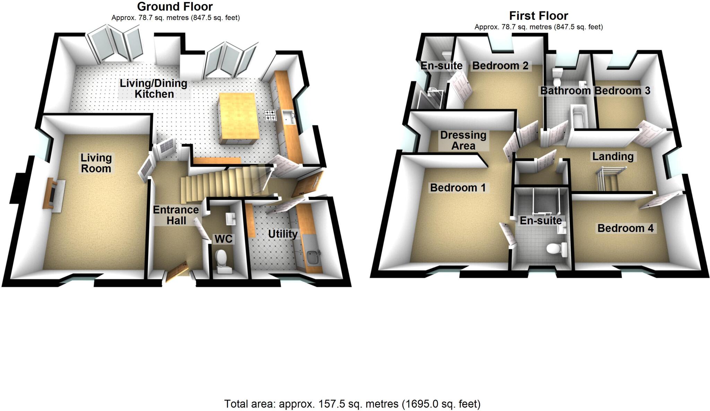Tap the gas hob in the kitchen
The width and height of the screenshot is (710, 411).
[x=270, y=115]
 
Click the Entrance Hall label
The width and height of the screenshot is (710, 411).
[x=176, y=215]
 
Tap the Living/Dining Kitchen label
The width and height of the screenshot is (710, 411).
[x=154, y=89]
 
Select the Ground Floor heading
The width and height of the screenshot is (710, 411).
[x=175, y=7]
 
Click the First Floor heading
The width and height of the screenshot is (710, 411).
[x=538, y=16]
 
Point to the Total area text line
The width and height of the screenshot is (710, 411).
[x=352, y=404]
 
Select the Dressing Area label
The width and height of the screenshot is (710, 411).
[x=463, y=140]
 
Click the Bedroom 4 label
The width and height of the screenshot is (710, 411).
[x=625, y=228]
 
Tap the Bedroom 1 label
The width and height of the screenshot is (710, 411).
[x=458, y=188]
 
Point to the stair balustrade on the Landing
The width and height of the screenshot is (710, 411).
[x=610, y=177]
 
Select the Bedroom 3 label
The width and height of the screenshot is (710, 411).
[x=622, y=91]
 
